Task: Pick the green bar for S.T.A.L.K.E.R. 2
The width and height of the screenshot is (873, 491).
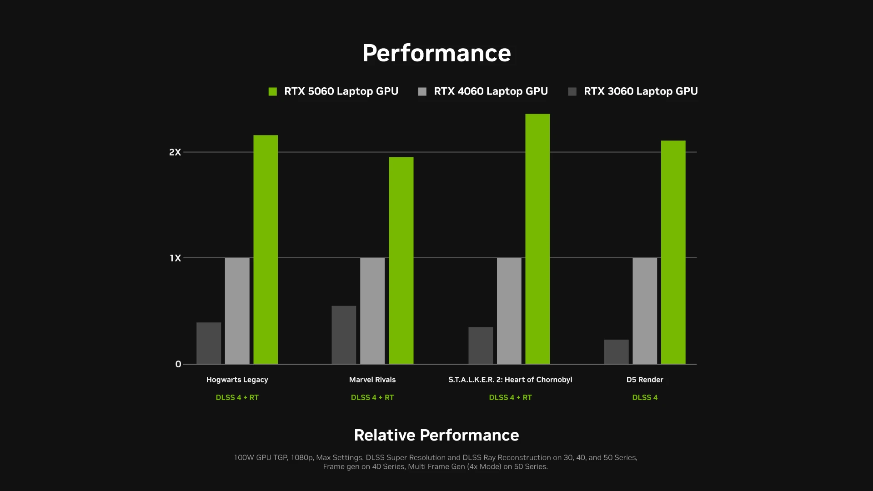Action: [x=537, y=239]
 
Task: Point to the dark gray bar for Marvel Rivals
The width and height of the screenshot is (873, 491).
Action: [x=344, y=335]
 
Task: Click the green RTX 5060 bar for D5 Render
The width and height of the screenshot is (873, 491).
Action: [x=673, y=252]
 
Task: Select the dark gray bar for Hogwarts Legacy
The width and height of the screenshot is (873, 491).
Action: [x=209, y=343]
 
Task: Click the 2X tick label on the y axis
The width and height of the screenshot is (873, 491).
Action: [x=175, y=152]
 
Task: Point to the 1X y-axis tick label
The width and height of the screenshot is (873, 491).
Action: [x=176, y=258]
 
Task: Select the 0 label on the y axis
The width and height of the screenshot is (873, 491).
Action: [x=178, y=364]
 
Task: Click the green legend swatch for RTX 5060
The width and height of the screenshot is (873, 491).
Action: [x=273, y=92]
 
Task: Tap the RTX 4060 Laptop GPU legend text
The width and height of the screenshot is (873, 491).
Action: [x=491, y=91]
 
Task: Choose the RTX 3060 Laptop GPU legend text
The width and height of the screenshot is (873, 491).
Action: [x=640, y=91]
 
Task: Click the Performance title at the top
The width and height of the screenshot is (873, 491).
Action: [x=436, y=53]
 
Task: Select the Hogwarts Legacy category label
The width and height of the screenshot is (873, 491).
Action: [x=237, y=380]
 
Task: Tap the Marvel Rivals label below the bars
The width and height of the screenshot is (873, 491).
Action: [x=372, y=380]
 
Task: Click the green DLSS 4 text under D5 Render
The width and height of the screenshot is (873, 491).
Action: [x=645, y=397]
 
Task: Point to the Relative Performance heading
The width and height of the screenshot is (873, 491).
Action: [x=436, y=435]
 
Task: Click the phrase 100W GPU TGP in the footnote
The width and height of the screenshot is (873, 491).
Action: [x=261, y=457]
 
